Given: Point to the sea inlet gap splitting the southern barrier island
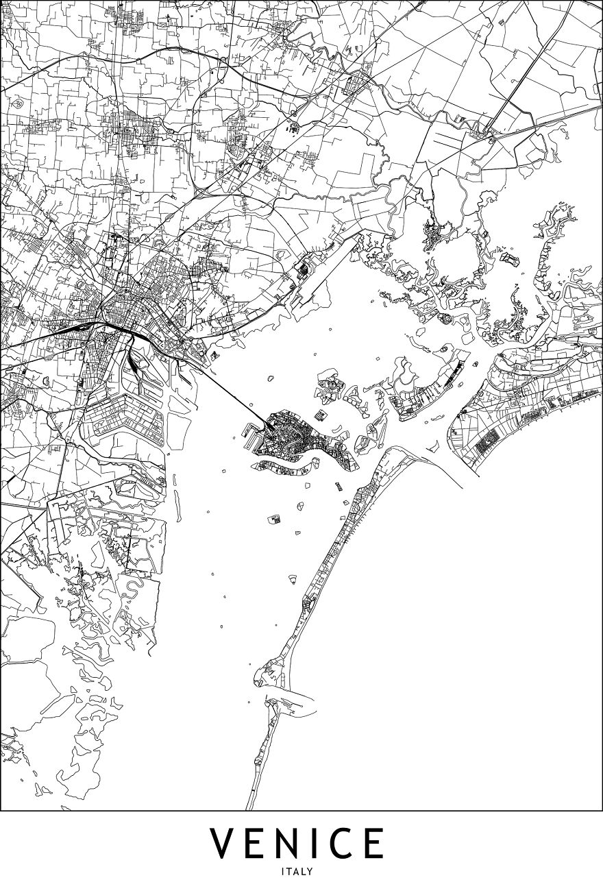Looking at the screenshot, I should tap(274, 694).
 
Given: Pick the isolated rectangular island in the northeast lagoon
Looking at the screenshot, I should tap(510, 259).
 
